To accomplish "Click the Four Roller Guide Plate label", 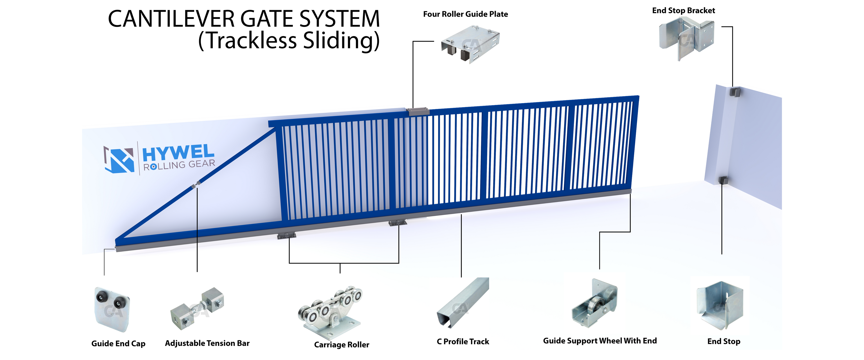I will tap(465, 14).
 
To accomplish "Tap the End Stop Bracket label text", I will tap(683, 10).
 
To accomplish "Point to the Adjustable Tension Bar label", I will tap(207, 343).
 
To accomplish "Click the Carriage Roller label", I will tap(342, 344).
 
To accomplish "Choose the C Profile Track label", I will tap(463, 342).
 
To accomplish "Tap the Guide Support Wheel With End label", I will tap(600, 341).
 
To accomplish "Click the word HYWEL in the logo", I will tap(178, 153).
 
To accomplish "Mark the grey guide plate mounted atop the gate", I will tap(418, 111).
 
